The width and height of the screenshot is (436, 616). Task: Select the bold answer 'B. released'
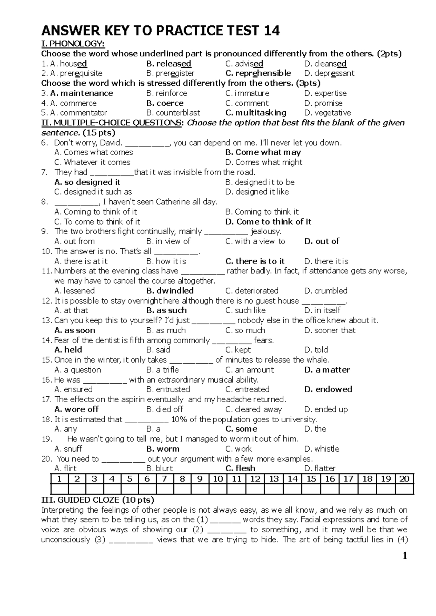(169, 64)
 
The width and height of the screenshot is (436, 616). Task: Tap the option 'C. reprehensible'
(258, 73)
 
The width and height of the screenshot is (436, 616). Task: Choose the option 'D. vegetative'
(327, 113)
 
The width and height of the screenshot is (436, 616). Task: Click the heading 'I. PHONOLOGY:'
(73, 44)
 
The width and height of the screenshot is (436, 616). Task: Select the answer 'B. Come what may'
(263, 152)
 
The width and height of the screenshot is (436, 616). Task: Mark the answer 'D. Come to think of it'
(268, 221)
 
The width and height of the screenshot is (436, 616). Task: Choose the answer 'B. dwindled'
(170, 291)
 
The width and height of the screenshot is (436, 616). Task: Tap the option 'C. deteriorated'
(252, 291)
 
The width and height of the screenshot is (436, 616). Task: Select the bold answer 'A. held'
(68, 350)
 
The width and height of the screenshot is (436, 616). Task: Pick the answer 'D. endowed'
(328, 389)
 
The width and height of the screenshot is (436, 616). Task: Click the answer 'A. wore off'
(77, 409)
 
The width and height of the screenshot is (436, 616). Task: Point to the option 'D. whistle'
(322, 449)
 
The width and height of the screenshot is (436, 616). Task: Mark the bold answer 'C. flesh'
(240, 468)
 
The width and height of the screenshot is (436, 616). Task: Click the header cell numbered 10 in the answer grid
(218, 479)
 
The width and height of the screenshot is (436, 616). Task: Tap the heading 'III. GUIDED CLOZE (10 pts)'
(98, 500)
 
